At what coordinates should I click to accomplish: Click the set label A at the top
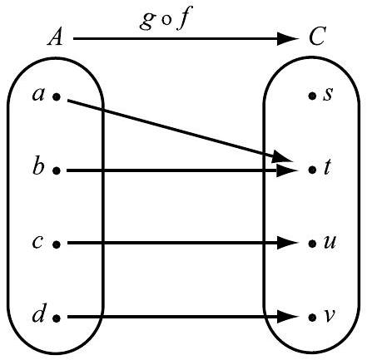pyautogui.click(x=56, y=38)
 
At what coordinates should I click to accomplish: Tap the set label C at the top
pyautogui.click(x=316, y=38)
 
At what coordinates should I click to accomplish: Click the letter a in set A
pyautogui.click(x=38, y=96)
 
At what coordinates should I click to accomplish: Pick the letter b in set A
pyautogui.click(x=37, y=169)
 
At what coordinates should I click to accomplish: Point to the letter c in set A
pyautogui.click(x=38, y=244)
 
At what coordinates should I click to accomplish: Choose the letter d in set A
pyautogui.click(x=37, y=316)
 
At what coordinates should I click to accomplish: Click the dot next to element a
pyautogui.click(x=57, y=97)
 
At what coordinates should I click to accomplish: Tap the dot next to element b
pyautogui.click(x=57, y=170)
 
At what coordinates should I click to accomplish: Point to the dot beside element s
pyautogui.click(x=311, y=96)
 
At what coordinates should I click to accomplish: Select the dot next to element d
pyautogui.click(x=57, y=318)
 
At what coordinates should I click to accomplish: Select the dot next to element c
pyautogui.click(x=57, y=244)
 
